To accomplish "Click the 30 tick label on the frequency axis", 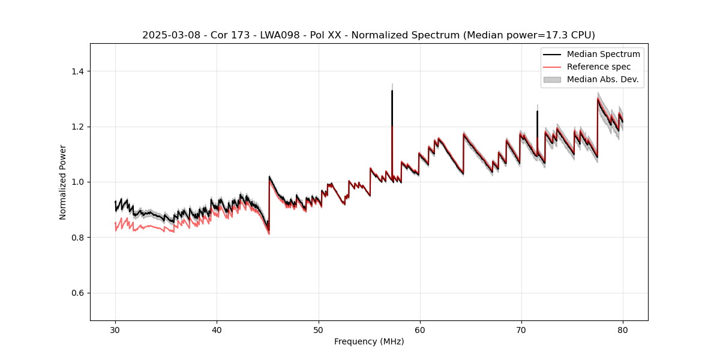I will point(115,330).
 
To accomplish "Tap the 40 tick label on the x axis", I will point(217,330).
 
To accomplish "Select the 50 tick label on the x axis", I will point(319,330).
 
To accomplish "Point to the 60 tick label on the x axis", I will point(420,330).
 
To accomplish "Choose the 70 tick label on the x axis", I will point(521,330).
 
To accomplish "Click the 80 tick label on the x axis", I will point(623,330).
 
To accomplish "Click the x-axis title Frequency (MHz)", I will point(369,341).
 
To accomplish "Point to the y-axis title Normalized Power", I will point(63,182).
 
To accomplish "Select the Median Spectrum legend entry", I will point(603,54).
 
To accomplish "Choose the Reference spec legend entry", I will point(598,67).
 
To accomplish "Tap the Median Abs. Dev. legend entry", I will point(602,79).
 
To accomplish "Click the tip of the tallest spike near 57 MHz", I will point(392,91).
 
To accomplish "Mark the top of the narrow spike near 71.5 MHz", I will point(537,111).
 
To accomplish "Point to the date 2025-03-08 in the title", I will point(168,35).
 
